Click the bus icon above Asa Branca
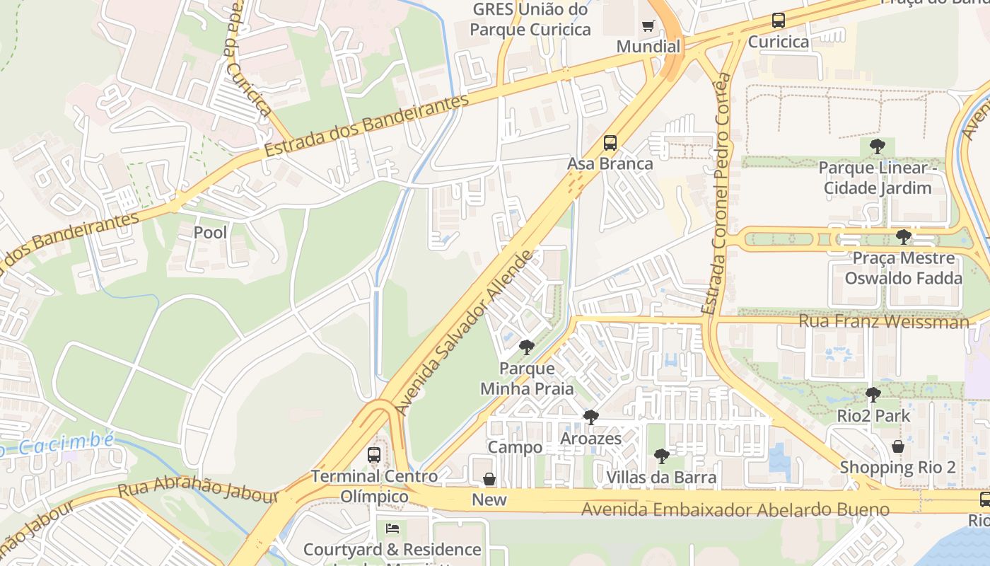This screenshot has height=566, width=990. click(610, 143)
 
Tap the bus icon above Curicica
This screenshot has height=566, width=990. click(779, 21)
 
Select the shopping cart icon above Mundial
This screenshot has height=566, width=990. click(648, 26)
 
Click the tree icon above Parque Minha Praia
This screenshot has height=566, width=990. click(526, 347)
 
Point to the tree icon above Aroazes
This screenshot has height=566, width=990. click(590, 417)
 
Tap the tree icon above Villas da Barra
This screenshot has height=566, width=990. click(661, 456)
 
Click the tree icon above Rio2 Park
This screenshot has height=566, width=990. click(873, 395)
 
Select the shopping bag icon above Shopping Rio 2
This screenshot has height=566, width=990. click(897, 446)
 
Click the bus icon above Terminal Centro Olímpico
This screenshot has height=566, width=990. click(374, 455)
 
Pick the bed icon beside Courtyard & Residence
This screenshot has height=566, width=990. click(392, 529)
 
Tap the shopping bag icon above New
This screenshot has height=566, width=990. click(489, 479)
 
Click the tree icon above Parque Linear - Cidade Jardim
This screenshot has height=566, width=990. click(877, 147)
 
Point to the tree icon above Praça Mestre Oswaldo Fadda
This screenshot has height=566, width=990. click(903, 237)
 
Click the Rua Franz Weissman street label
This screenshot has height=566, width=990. click(883, 322)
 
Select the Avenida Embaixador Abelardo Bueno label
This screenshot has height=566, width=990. click(735, 509)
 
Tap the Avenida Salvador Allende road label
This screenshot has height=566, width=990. click(464, 333)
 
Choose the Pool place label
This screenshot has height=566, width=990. click(210, 232)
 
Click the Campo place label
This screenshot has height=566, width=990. click(515, 447)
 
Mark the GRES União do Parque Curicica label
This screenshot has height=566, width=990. click(530, 20)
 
